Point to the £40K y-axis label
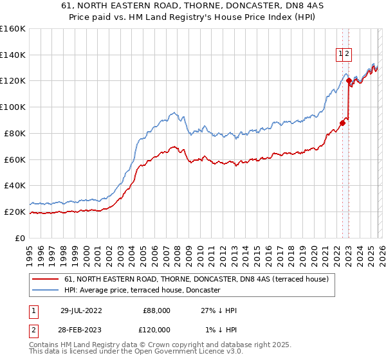point(15,185)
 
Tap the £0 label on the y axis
point(19,238)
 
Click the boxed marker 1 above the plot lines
point(340,54)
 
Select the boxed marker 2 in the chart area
point(347,54)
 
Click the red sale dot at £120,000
point(348,81)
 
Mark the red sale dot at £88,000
point(342,123)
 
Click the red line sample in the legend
point(46,280)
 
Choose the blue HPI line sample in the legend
point(46,291)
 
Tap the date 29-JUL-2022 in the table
point(83,310)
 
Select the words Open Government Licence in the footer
point(178,352)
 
